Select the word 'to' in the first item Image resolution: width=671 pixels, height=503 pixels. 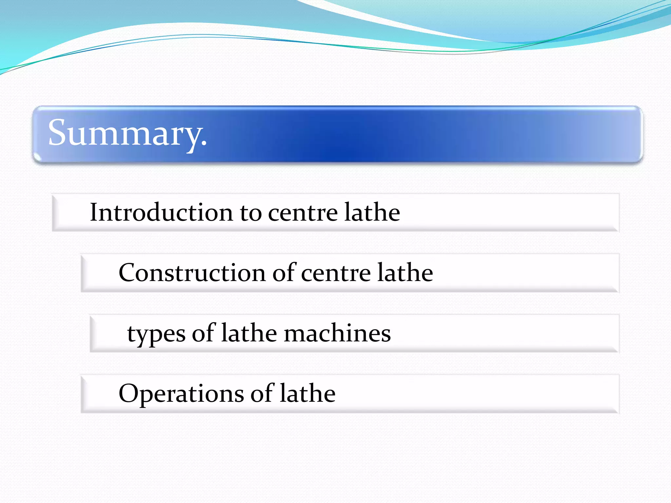[251, 213]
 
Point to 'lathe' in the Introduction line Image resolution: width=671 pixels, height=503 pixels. [372, 212]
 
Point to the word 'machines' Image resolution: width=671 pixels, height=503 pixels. [337, 333]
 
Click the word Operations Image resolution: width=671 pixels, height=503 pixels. [181, 394]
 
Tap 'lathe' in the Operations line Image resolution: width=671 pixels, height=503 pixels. [308, 393]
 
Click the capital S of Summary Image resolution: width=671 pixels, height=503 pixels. [58, 132]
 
